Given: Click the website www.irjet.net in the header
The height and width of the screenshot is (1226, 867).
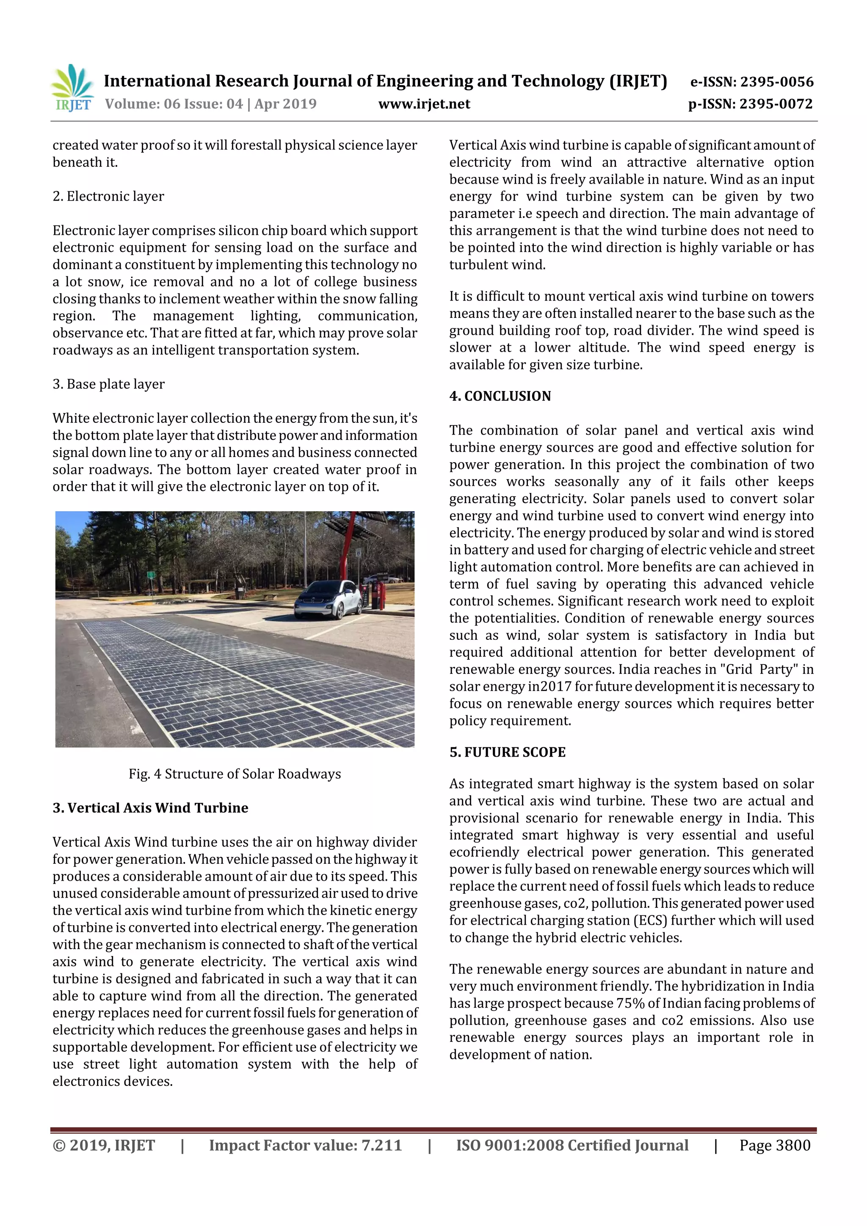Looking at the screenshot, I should (424, 104).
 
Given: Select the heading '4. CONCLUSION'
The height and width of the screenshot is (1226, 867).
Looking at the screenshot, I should (500, 396).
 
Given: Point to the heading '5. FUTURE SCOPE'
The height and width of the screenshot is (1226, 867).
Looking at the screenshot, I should (507, 752).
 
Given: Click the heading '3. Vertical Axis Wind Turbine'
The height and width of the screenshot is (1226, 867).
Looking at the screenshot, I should (150, 808).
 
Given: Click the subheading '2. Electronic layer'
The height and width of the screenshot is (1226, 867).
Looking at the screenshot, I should (108, 196).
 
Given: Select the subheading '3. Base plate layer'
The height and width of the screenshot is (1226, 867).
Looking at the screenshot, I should (108, 384).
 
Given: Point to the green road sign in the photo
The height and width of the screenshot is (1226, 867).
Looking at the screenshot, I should (151, 576).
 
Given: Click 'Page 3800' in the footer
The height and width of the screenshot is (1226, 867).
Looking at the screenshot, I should (775, 1145).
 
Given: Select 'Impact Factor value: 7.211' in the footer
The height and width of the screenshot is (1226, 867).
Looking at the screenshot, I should (305, 1145).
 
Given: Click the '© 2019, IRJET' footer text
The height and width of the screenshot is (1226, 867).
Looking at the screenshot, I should (104, 1145).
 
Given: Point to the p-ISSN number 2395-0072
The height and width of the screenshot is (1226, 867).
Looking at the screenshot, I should (776, 104).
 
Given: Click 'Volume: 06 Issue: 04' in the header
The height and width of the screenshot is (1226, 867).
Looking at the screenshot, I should (174, 104).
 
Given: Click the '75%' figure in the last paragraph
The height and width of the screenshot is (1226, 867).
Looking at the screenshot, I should (630, 1003).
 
